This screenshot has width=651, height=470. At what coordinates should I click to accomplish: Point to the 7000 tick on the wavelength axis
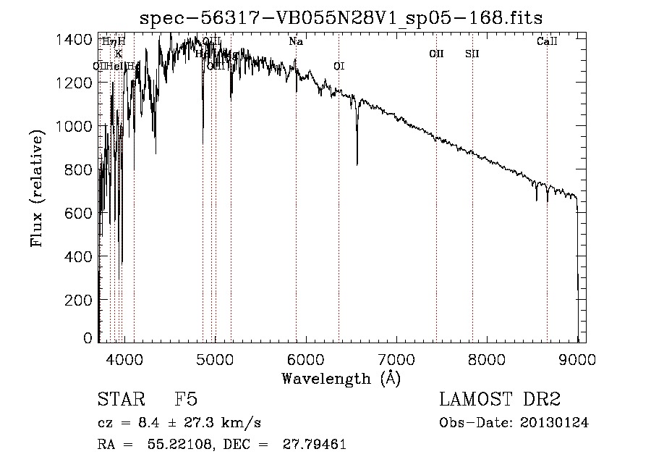[x=396, y=357]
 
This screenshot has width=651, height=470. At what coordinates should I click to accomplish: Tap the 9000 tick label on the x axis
[x=577, y=357]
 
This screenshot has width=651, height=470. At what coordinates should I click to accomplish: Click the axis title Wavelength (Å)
[x=341, y=377]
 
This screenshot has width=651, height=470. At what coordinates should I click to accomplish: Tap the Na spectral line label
[x=296, y=42]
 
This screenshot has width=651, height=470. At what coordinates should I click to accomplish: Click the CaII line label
[x=547, y=42]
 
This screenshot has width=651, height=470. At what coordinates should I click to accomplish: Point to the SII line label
[x=472, y=54]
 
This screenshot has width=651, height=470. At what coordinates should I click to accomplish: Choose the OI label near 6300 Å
[x=339, y=66]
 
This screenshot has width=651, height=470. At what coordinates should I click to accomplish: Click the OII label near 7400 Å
[x=436, y=54]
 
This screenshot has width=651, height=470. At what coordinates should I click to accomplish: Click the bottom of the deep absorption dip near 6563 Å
[x=357, y=164]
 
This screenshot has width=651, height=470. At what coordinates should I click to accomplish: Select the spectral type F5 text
[x=186, y=400]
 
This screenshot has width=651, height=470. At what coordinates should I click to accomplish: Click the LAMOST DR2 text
[x=500, y=400]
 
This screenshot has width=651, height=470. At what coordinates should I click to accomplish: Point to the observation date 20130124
[x=553, y=423]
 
